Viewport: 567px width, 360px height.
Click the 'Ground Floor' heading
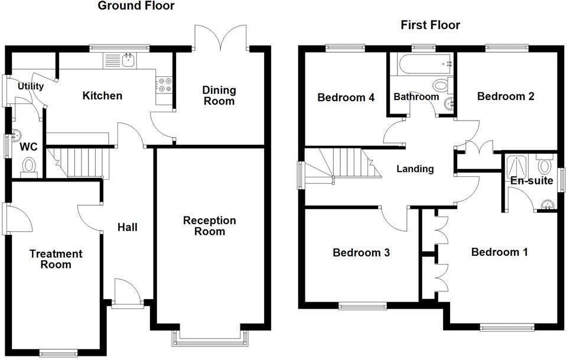(136, 7)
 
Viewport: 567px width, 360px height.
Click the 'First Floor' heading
(430, 25)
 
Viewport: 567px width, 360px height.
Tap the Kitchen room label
(102, 96)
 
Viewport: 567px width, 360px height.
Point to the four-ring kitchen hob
(164, 85)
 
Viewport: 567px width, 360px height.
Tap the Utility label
(31, 86)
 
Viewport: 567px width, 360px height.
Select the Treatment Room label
(56, 259)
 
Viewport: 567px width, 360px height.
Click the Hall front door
(126, 294)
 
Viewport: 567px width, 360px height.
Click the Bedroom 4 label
(346, 98)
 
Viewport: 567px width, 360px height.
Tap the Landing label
(415, 169)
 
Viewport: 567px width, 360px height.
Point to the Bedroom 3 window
(363, 306)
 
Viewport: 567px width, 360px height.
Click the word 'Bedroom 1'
(499, 252)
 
